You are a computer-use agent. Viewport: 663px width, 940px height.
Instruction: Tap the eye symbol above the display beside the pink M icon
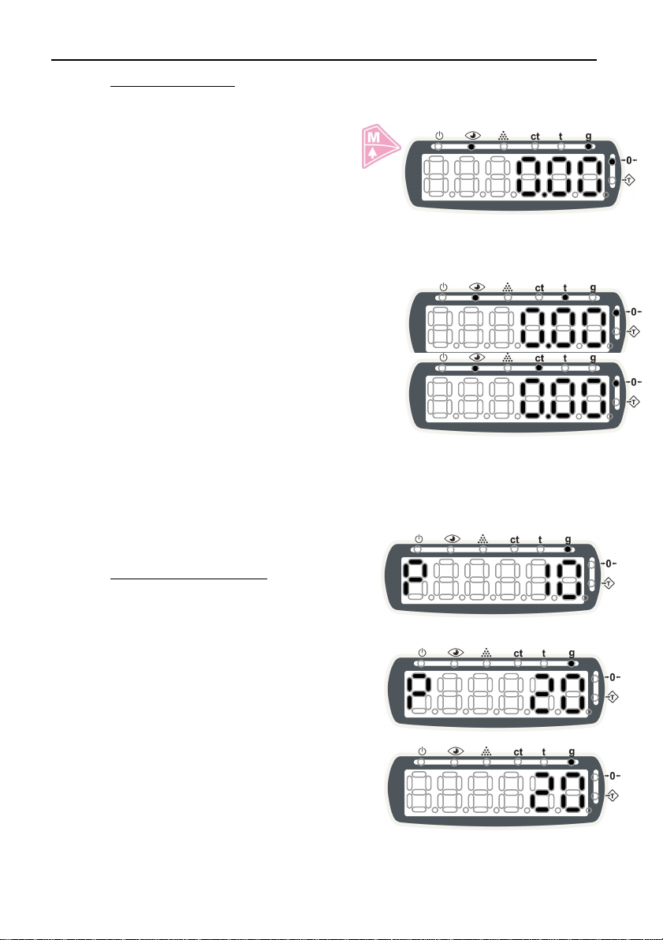[x=473, y=136]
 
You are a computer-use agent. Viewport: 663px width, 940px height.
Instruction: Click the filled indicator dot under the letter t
[x=564, y=298]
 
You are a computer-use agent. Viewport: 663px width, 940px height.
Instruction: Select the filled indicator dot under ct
[x=539, y=368]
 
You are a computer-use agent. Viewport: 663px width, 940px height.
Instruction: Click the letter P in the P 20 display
[x=419, y=694]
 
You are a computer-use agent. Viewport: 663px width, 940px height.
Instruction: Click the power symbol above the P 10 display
[x=419, y=539]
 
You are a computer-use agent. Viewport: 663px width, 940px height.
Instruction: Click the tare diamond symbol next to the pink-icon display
[x=629, y=180]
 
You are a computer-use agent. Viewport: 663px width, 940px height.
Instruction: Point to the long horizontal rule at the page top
[x=324, y=60]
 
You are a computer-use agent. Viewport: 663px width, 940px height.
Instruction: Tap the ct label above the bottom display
[x=518, y=751]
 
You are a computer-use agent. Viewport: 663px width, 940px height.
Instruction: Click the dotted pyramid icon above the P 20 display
[x=486, y=652]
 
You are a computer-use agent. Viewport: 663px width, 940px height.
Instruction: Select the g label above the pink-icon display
[x=588, y=137]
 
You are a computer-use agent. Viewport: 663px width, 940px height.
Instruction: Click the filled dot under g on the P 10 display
[x=568, y=549]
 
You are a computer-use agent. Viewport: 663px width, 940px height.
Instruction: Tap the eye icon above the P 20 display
[x=456, y=652]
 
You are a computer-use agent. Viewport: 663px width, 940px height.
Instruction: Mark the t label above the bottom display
[x=544, y=751]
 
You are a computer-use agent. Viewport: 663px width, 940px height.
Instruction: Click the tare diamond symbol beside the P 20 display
[x=612, y=697]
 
